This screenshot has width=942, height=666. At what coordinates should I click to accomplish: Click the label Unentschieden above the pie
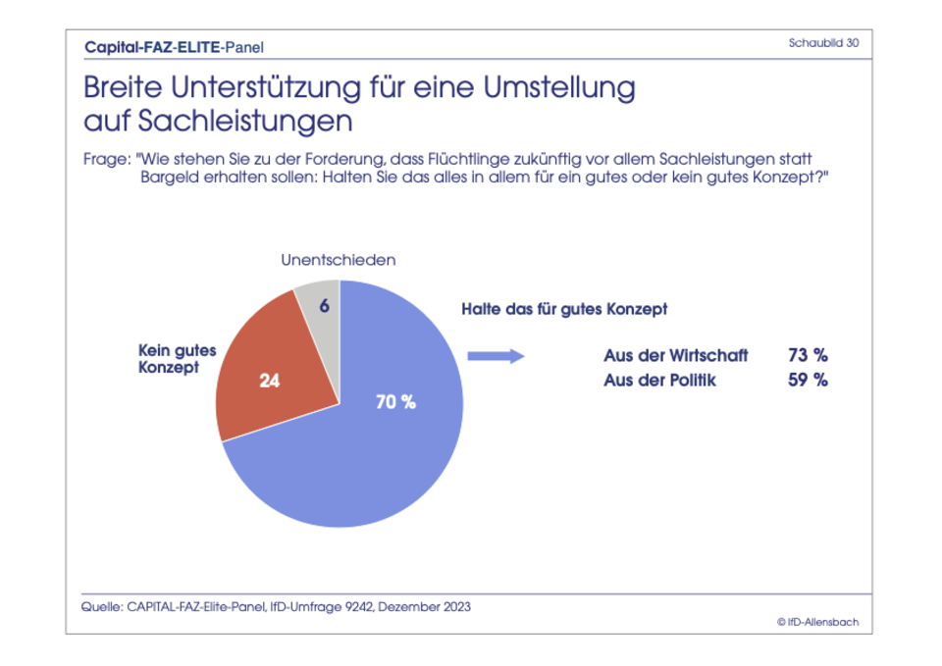click(338, 260)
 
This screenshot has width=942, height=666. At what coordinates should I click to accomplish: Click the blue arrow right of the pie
click(496, 356)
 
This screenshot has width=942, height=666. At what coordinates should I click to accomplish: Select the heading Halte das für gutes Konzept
click(564, 309)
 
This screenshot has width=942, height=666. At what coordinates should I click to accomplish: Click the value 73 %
click(808, 355)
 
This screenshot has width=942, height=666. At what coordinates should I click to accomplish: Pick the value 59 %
click(808, 381)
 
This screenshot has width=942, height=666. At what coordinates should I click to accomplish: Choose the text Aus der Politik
click(659, 381)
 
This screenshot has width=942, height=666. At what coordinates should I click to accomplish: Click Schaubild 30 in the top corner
click(823, 43)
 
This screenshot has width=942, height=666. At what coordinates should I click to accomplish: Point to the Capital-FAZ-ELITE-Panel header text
click(174, 46)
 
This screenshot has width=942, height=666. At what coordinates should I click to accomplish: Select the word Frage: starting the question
click(106, 159)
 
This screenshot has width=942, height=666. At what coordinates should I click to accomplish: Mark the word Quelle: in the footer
click(101, 606)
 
